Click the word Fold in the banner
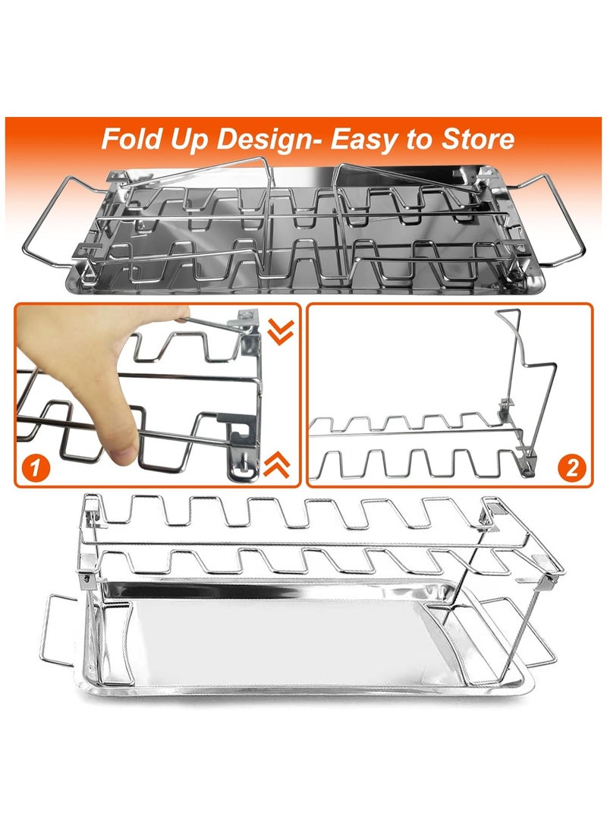(x=131, y=139)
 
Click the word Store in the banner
(x=475, y=139)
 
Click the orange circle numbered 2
(x=573, y=468)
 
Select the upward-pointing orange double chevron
(x=278, y=463)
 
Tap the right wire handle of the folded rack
(x=558, y=220)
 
